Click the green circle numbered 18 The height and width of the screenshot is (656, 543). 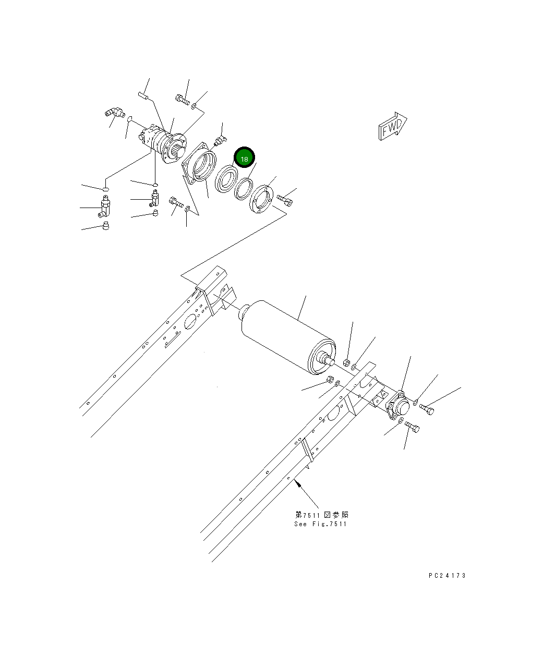tap(244, 158)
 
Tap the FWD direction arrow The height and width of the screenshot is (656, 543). tap(391, 126)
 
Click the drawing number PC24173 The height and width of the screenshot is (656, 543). tap(447, 576)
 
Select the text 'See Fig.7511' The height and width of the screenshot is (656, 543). tap(320, 524)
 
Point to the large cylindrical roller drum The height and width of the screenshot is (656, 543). tap(284, 334)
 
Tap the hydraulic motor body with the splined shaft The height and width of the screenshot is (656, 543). tap(162, 142)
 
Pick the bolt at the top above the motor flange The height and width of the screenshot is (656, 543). tap(182, 99)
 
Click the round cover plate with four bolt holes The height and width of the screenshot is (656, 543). tap(262, 199)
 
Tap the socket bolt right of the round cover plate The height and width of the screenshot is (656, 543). tap(285, 199)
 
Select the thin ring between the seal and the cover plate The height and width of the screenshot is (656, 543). tap(243, 188)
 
